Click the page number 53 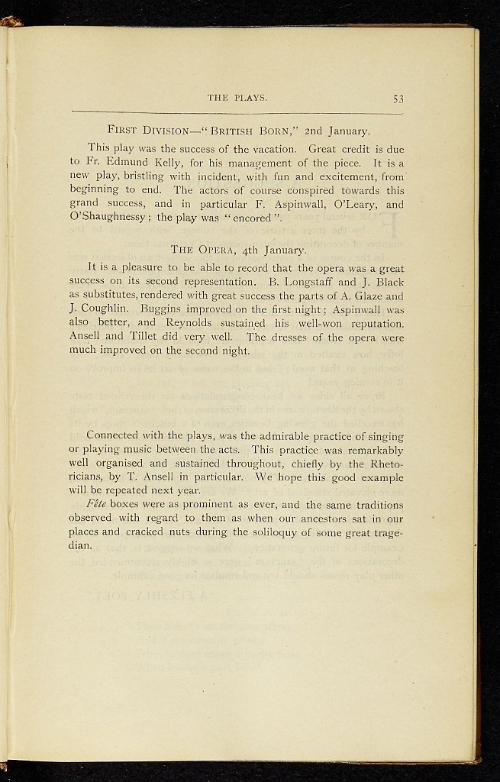pyautogui.click(x=398, y=99)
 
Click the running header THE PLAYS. pyautogui.click(x=237, y=98)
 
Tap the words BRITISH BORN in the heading pyautogui.click(x=257, y=130)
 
